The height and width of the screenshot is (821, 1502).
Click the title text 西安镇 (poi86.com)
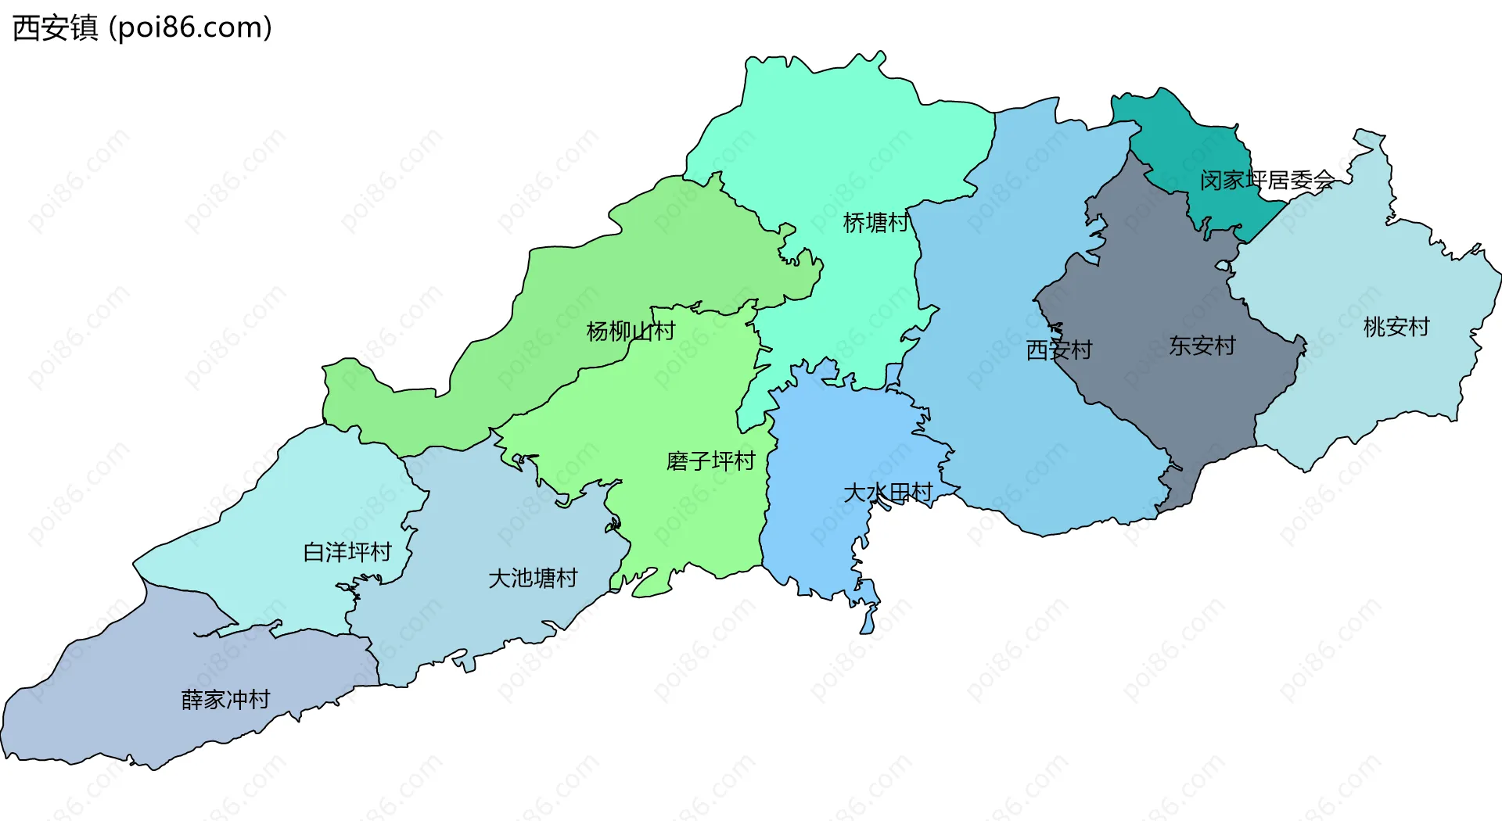142,27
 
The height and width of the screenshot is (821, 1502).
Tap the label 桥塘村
875,223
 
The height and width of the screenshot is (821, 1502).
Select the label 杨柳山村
631,331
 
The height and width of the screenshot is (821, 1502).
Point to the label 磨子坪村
710,461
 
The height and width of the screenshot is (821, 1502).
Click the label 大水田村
888,492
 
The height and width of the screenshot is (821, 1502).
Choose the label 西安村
1058,350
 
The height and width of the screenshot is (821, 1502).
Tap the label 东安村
1202,345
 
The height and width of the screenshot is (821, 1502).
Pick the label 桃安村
1396,326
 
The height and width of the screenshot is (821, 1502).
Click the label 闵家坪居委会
1267,181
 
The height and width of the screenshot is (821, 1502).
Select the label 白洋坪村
347,552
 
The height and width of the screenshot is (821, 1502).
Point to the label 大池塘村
533,578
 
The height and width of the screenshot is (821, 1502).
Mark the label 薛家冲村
225,699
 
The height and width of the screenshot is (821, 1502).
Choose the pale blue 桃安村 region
1369,375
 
